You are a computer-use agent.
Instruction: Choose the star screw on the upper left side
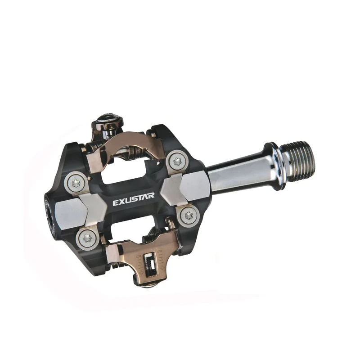tap(74, 183)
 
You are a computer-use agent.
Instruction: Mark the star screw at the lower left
tap(87, 238)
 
